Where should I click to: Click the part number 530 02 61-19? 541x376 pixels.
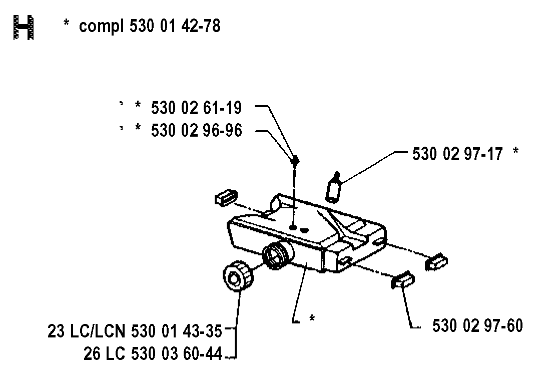point(196,108)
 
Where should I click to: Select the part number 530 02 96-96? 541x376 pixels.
point(196,131)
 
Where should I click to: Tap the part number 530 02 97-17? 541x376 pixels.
point(457,154)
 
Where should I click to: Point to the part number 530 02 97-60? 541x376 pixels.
point(477,325)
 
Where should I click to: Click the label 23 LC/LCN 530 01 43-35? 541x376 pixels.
point(135,331)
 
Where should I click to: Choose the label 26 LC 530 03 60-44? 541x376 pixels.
point(153,353)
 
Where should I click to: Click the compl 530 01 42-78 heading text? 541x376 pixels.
point(150,26)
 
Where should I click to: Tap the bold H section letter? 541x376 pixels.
point(24,27)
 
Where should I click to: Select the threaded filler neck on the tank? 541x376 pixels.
point(277,255)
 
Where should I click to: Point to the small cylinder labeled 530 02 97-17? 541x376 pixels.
point(333,187)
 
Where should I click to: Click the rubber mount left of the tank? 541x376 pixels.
point(226,197)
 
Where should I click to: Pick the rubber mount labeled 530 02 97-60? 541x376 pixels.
point(403,280)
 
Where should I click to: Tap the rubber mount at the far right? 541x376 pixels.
point(436,262)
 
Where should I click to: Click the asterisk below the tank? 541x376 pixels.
point(312,317)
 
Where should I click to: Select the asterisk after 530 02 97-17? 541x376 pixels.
point(515,151)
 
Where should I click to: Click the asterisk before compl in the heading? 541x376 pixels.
point(66,24)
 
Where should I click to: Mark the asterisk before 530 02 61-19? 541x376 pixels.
point(138,105)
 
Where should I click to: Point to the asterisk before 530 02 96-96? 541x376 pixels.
point(138,127)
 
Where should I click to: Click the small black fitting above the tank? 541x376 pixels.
point(294,161)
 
